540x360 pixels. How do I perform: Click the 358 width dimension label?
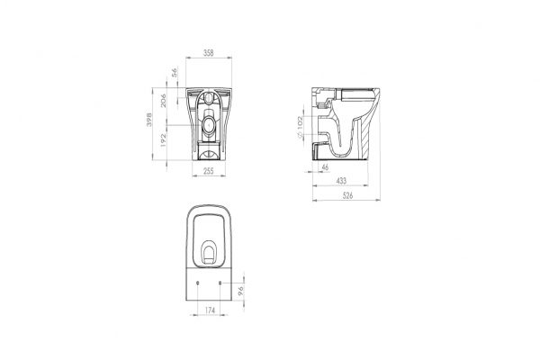[209, 53]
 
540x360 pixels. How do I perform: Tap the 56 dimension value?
[175, 72]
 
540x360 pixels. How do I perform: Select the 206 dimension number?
[163, 100]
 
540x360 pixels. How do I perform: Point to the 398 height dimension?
[148, 119]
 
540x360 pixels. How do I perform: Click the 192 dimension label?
[163, 140]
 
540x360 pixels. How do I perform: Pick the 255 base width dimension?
[209, 171]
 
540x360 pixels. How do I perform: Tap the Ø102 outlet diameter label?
[300, 127]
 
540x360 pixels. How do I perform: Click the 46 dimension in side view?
[325, 167]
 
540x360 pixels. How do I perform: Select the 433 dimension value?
[341, 181]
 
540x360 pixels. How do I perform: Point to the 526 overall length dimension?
[347, 195]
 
